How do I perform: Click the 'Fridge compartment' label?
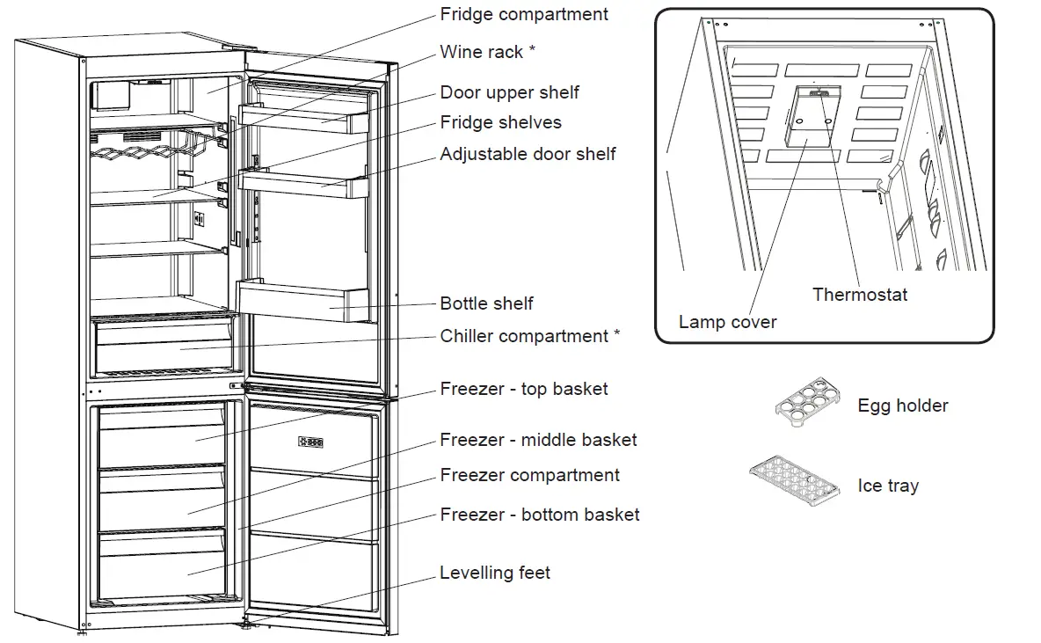pyautogui.click(x=524, y=15)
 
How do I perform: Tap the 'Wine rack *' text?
pyautogui.click(x=487, y=52)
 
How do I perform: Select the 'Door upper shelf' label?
pyautogui.click(x=509, y=92)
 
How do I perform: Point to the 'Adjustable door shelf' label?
pyautogui.click(x=528, y=155)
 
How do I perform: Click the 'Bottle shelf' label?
pyautogui.click(x=486, y=303)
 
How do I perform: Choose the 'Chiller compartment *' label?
pyautogui.click(x=529, y=336)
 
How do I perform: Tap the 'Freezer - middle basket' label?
pyautogui.click(x=538, y=439)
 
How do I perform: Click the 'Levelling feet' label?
pyautogui.click(x=495, y=573)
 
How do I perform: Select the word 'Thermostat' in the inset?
pyautogui.click(x=860, y=295)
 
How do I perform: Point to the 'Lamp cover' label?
pyautogui.click(x=727, y=322)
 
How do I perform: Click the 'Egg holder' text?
pyautogui.click(x=903, y=406)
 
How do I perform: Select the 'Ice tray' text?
pyautogui.click(x=888, y=486)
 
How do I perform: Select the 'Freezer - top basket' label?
pyautogui.click(x=524, y=389)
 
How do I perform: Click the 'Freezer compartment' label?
pyautogui.click(x=529, y=475)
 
